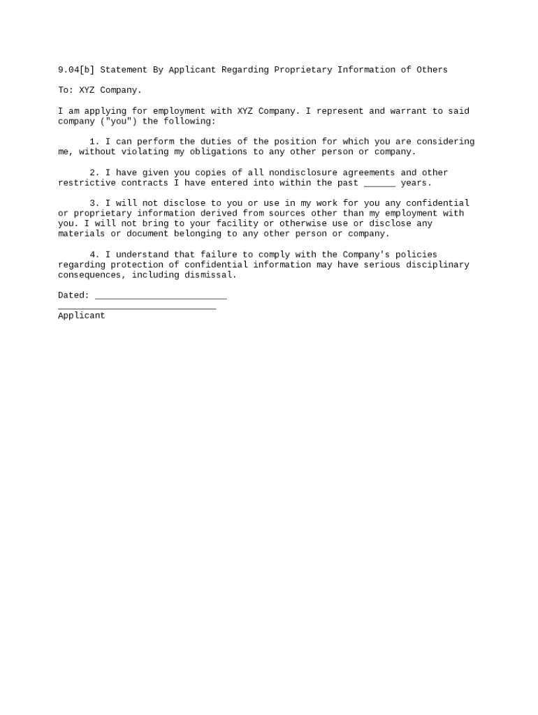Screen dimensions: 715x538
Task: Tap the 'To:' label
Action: pos(66,90)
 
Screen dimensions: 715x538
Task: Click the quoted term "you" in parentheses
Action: pos(121,121)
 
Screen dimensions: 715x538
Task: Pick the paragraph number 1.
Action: pos(94,142)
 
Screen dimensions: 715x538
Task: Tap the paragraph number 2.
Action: pos(94,172)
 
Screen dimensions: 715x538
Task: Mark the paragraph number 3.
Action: pos(94,203)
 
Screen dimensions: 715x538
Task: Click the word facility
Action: pos(237,223)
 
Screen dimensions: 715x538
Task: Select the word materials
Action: pos(81,234)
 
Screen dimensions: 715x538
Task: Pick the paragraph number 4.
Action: pos(94,255)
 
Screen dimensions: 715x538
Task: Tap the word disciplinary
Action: pos(437,265)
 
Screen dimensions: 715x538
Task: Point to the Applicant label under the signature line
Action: pos(81,316)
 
